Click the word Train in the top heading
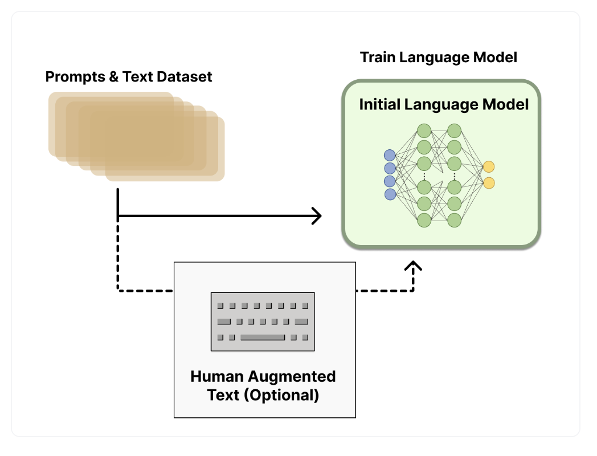pyautogui.click(x=377, y=58)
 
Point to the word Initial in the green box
pyautogui.click(x=378, y=105)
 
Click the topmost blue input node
pyautogui.click(x=390, y=154)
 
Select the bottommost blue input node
pyautogui.click(x=390, y=194)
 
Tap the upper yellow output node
pyautogui.click(x=488, y=166)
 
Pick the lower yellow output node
pyautogui.click(x=488, y=183)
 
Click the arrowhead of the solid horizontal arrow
pyautogui.click(x=316, y=216)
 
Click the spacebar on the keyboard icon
pyautogui.click(x=262, y=337)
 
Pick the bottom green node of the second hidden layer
pyautogui.click(x=454, y=220)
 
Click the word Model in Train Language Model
pyautogui.click(x=497, y=58)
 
